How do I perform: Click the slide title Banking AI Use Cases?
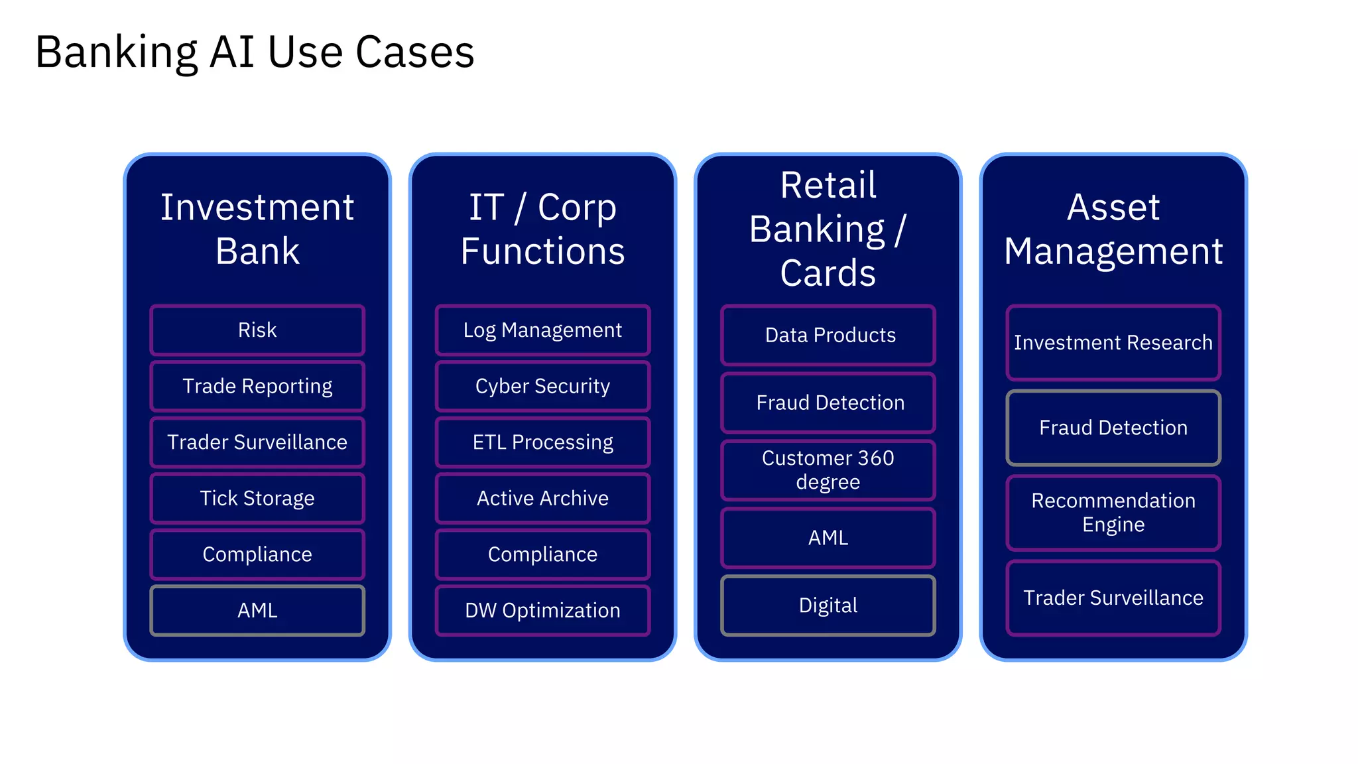pyautogui.click(x=255, y=52)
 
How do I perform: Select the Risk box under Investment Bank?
pyautogui.click(x=257, y=330)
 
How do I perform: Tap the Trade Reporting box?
pyautogui.click(x=257, y=386)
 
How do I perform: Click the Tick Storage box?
pyautogui.click(x=257, y=498)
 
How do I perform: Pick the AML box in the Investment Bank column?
pyautogui.click(x=257, y=610)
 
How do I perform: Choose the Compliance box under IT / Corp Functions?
pyautogui.click(x=542, y=554)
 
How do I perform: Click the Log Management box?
pyautogui.click(x=542, y=330)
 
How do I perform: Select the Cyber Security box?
pyautogui.click(x=542, y=386)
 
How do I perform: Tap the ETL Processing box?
pyautogui.click(x=542, y=442)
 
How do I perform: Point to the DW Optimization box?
pyautogui.click(x=542, y=610)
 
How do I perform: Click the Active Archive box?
pyautogui.click(x=542, y=498)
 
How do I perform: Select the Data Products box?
pyautogui.click(x=828, y=336)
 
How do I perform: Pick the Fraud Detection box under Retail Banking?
pyautogui.click(x=828, y=403)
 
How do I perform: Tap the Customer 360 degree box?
pyautogui.click(x=828, y=470)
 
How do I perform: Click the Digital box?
pyautogui.click(x=828, y=605)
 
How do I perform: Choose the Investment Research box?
pyautogui.click(x=1113, y=343)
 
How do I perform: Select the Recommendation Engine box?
pyautogui.click(x=1113, y=513)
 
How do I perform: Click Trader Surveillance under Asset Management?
pyautogui.click(x=1113, y=598)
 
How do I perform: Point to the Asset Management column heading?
pyautogui.click(x=1113, y=229)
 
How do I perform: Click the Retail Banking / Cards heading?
pyautogui.click(x=828, y=229)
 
